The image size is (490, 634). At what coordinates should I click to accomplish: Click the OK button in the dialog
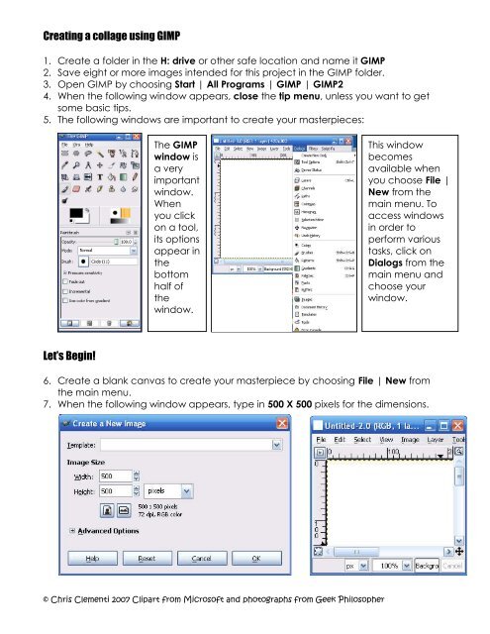tap(255, 557)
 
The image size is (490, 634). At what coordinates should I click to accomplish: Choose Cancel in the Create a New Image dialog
tap(201, 557)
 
